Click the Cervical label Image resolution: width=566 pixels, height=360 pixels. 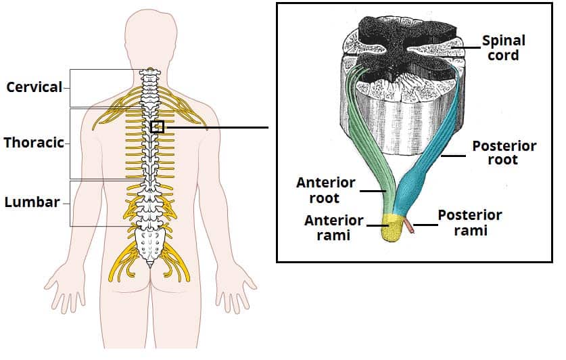click(x=34, y=87)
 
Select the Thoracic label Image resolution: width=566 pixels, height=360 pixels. click(x=34, y=143)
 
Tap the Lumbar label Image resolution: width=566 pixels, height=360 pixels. click(x=32, y=202)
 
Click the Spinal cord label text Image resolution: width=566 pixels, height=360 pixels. click(x=504, y=48)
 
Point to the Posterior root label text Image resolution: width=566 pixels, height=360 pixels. click(x=504, y=153)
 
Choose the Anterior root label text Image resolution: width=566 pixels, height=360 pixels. click(x=325, y=190)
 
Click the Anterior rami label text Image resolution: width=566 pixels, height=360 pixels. click(x=333, y=228)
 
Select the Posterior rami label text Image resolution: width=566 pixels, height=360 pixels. click(x=470, y=223)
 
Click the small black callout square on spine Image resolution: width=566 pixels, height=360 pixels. click(x=158, y=127)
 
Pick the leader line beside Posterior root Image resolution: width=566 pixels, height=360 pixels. click(x=453, y=156)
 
